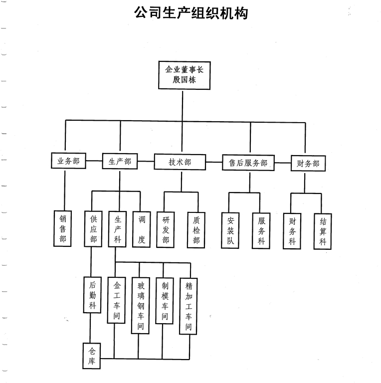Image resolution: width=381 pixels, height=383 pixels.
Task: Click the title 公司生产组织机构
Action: [x=190, y=13]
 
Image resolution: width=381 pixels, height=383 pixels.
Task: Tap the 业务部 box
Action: [x=68, y=162]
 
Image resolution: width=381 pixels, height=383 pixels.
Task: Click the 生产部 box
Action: [x=120, y=162]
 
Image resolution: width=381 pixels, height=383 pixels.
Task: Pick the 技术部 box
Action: [x=180, y=162]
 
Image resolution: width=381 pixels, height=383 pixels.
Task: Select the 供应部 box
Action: [x=93, y=229]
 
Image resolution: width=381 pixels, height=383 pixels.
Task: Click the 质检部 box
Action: [x=196, y=229]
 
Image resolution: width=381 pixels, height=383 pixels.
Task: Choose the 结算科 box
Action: [x=323, y=231]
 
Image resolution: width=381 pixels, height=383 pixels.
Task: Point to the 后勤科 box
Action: [x=93, y=296]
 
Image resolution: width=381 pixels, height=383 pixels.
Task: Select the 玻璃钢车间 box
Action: [x=141, y=305]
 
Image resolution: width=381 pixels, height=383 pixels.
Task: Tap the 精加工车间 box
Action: [x=189, y=305]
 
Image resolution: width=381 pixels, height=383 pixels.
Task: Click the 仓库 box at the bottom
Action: [x=92, y=356]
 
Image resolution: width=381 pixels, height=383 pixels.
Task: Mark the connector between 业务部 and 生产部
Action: [x=94, y=162]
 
